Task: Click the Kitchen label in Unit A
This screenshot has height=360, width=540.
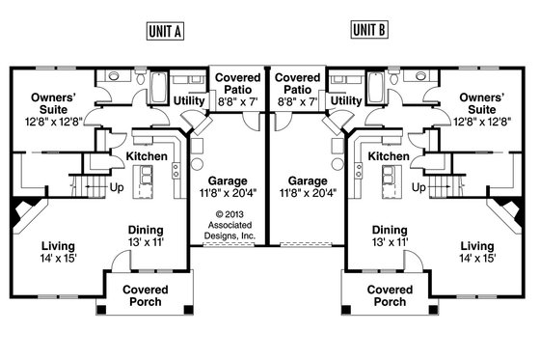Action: (x=148, y=156)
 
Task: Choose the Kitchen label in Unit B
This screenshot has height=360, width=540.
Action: (x=389, y=156)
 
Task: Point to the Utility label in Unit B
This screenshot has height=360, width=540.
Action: (x=347, y=100)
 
